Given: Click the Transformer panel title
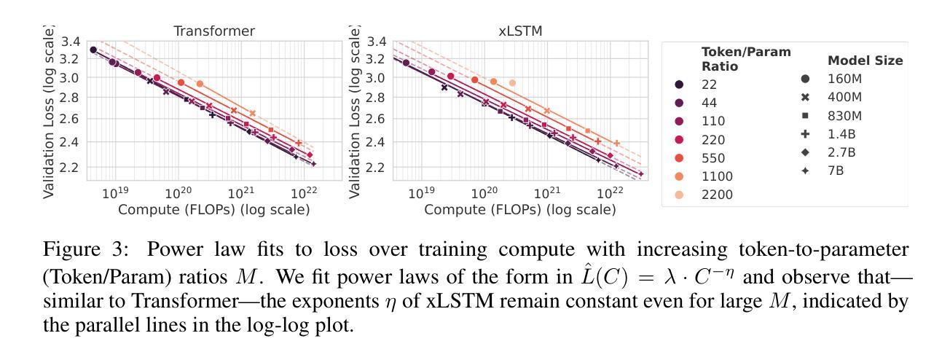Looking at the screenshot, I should point(214,31).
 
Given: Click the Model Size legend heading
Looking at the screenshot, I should point(865,60).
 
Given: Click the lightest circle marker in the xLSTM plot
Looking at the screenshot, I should point(512,83).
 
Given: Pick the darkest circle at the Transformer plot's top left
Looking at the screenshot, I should point(93,50).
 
